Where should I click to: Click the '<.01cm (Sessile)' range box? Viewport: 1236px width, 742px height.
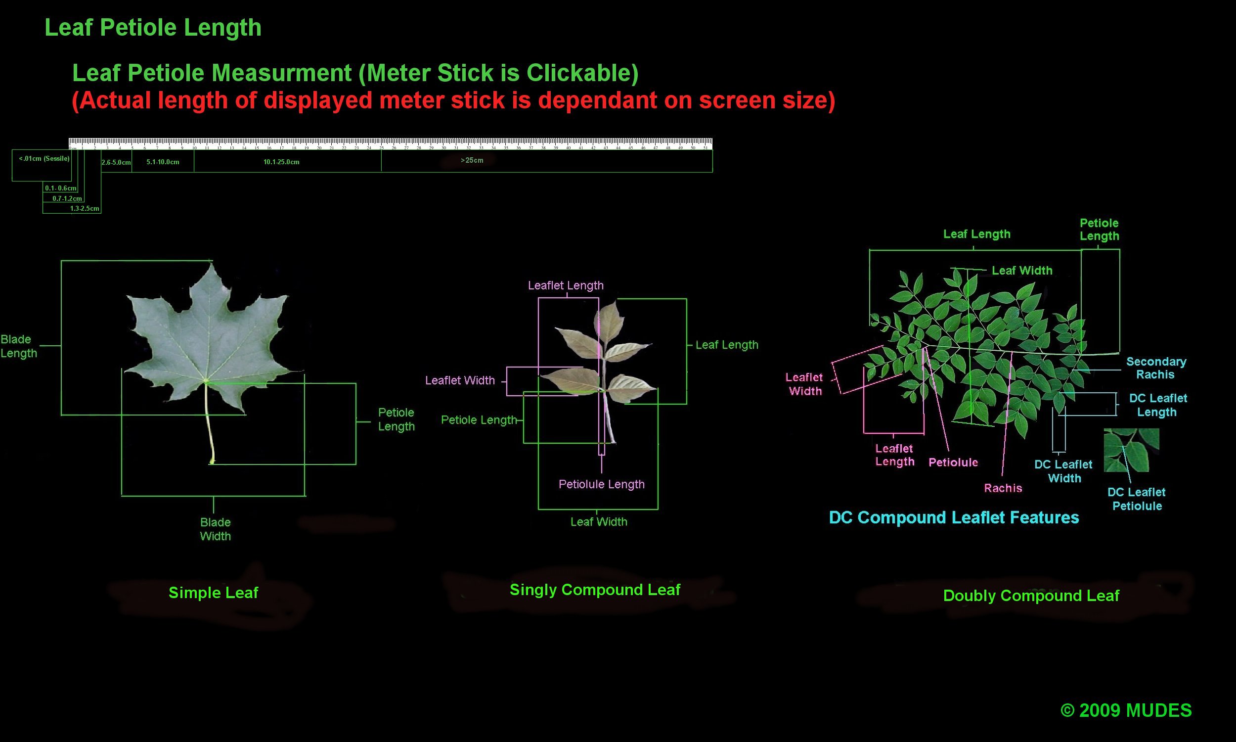point(44,159)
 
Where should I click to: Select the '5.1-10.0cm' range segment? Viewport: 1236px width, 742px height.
point(163,162)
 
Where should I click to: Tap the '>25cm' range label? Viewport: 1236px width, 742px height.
point(472,160)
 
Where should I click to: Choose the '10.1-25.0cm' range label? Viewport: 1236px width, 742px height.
point(281,162)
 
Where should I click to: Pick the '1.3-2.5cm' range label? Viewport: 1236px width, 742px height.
point(85,208)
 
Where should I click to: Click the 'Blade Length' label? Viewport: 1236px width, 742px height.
point(18,346)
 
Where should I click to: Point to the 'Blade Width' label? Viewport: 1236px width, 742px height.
point(216,529)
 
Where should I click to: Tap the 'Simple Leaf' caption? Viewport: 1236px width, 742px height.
point(213,593)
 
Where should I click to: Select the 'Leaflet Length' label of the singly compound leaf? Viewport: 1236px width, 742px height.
point(566,285)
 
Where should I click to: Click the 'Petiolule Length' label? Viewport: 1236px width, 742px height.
point(602,484)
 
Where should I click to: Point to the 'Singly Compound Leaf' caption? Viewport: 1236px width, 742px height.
point(595,590)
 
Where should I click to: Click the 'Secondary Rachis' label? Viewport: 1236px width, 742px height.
point(1156,368)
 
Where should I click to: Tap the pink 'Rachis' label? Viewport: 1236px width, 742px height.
point(1003,488)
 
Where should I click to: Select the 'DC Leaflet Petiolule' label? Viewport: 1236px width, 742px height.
point(1137,499)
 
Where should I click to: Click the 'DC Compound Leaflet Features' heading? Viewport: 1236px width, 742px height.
point(954,517)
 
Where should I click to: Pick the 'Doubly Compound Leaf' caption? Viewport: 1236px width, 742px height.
point(1031,596)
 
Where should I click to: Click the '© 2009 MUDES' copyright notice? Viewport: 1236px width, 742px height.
point(1126,710)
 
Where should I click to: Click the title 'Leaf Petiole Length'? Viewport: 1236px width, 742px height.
point(153,28)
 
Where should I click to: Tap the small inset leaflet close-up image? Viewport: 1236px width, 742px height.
point(1131,450)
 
